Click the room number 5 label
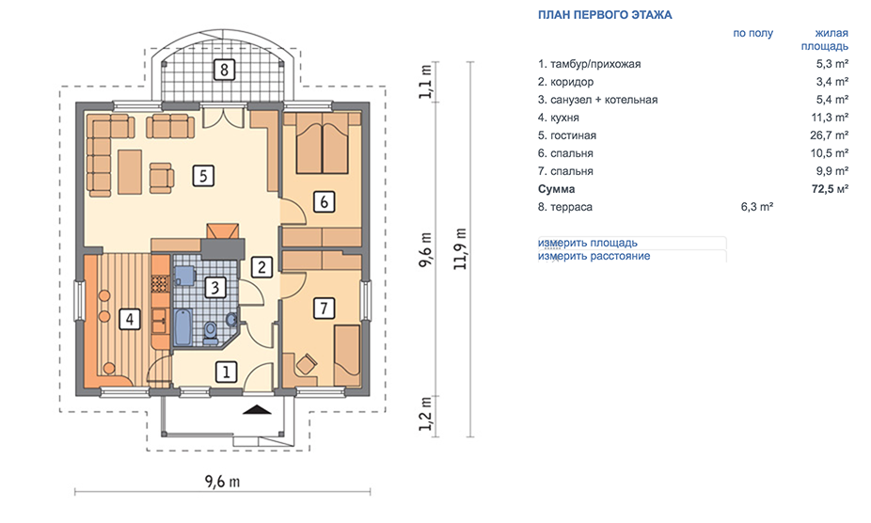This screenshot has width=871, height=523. click(x=203, y=176)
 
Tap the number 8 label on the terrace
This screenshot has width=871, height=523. click(x=224, y=70)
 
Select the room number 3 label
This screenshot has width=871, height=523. click(x=215, y=287)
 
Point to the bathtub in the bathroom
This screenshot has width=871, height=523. click(x=182, y=327)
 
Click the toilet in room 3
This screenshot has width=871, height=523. click(x=211, y=332)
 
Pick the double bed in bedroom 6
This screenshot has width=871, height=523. click(x=323, y=143)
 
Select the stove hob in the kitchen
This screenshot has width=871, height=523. click(x=159, y=284)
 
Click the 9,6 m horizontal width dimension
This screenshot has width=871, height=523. click(x=222, y=482)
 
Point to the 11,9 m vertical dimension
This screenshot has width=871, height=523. click(x=460, y=248)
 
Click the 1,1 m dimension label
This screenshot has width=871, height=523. click(x=425, y=82)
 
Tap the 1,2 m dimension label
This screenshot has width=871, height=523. click(x=425, y=414)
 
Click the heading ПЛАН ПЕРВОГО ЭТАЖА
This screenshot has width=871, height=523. click(x=605, y=15)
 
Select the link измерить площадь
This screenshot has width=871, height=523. click(x=587, y=243)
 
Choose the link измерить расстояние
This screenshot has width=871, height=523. click(x=594, y=256)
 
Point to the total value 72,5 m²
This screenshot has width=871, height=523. click(x=830, y=189)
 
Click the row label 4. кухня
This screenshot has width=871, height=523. click(x=559, y=118)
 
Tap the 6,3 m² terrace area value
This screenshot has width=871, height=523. click(x=757, y=207)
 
